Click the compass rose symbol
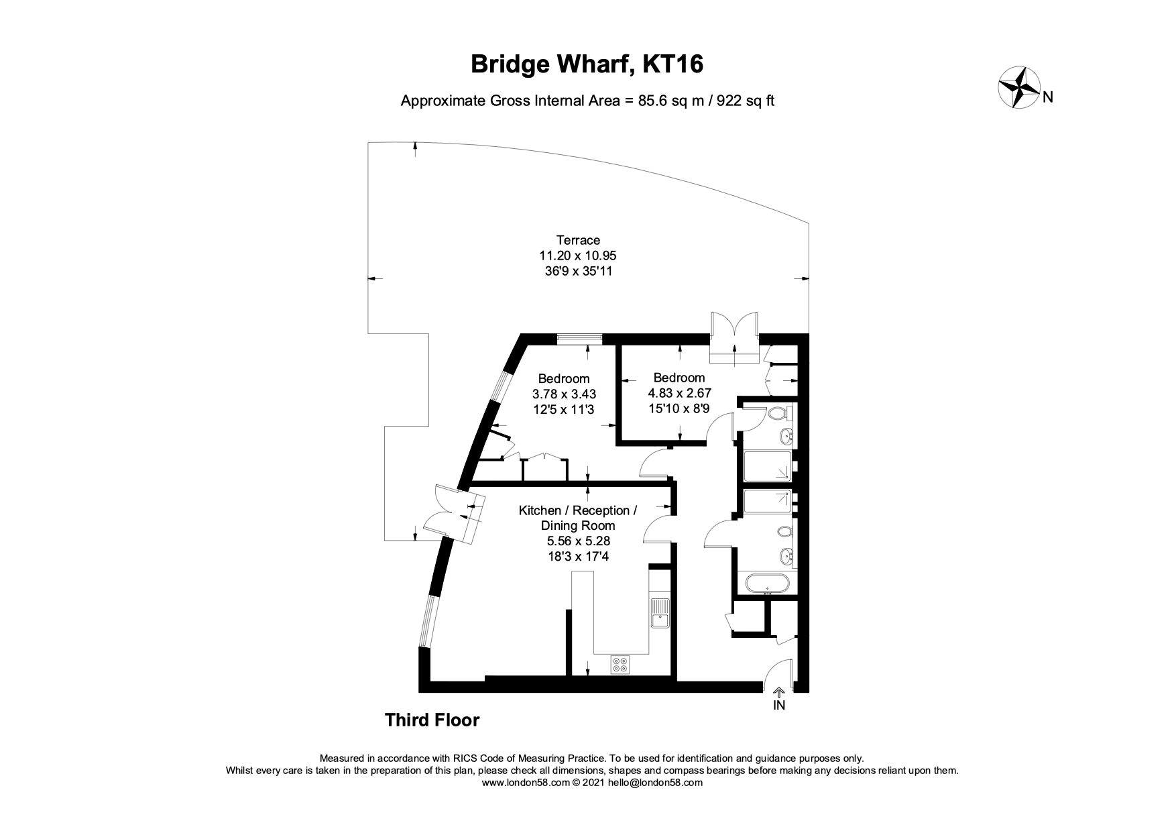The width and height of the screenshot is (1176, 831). click(x=1018, y=87)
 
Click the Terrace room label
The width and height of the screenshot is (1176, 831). click(x=578, y=239)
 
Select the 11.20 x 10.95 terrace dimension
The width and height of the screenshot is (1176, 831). click(x=578, y=256)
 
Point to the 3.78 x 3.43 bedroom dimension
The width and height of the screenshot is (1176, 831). click(x=564, y=394)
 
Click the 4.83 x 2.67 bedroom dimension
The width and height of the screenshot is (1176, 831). click(x=679, y=393)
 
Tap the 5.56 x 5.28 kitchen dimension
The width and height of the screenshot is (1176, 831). click(x=578, y=541)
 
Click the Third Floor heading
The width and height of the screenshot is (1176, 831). click(x=432, y=720)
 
